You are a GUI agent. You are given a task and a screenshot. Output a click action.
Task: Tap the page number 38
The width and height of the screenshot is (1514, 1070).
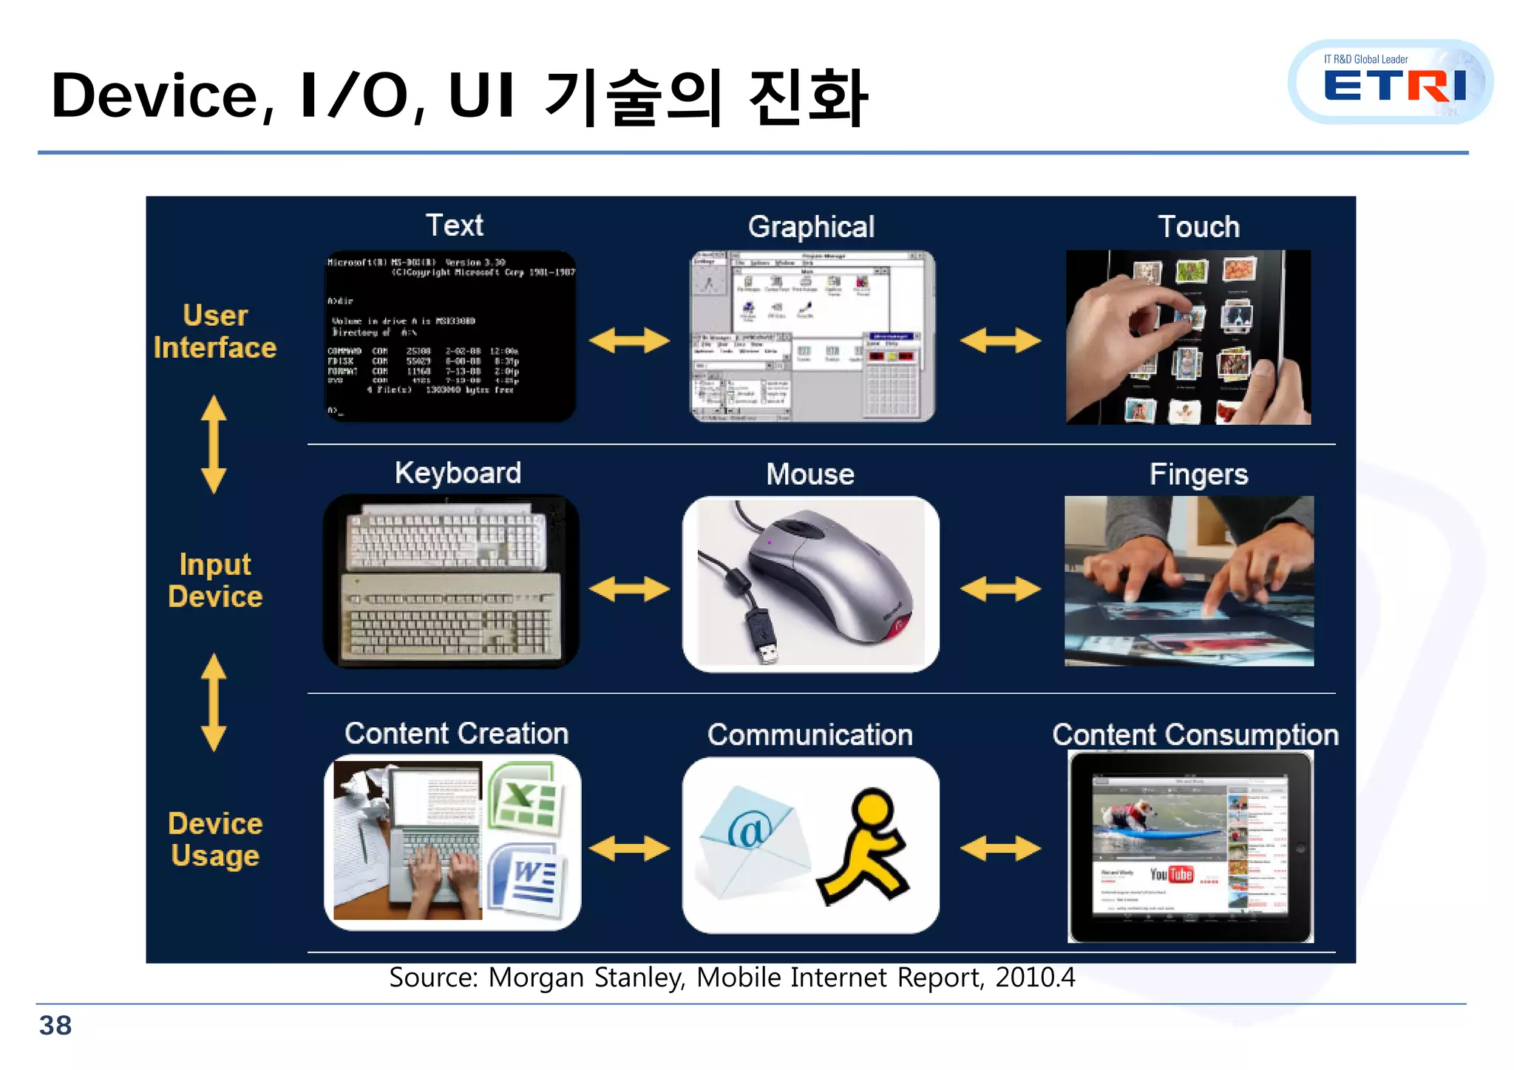pos(55,1026)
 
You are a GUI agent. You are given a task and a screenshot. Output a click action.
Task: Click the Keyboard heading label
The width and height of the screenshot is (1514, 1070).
pos(458,473)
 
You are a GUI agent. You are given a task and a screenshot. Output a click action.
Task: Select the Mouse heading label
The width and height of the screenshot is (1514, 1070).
pos(810,474)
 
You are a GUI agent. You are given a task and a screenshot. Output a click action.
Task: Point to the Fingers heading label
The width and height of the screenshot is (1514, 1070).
pos(1198,474)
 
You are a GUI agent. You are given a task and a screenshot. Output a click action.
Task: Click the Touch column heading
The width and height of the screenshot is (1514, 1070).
pos(1198,227)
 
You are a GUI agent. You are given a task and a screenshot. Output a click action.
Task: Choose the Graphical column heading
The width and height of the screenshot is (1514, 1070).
pos(811,227)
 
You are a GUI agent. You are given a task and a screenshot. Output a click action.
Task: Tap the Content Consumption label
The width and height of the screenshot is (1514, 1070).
pos(1195,735)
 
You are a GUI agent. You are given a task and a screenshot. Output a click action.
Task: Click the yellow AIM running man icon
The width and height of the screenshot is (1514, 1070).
pos(865,847)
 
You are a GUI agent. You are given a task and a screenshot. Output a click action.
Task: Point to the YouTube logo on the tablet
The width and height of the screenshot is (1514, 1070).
pos(1172,874)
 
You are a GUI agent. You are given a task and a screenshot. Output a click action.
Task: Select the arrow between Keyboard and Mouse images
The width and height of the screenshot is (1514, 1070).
pos(629,589)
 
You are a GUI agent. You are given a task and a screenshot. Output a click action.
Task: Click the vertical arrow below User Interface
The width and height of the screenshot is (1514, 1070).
pos(214,444)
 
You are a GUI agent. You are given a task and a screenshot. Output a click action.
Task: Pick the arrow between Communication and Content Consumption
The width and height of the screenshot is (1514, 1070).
pos(1000,848)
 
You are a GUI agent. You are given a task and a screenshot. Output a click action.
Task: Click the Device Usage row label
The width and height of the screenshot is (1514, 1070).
pos(215,839)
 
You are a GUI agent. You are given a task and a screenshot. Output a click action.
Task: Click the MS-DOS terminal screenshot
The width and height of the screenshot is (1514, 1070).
pos(449,336)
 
